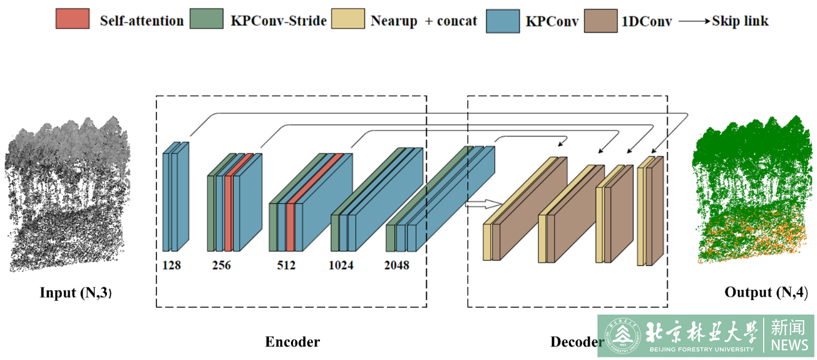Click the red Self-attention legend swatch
point(72,20)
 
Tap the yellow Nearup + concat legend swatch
point(348,20)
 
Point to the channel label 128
point(171,265)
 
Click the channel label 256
point(221,265)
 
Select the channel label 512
point(286,265)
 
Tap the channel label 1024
point(341,265)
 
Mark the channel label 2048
point(397,265)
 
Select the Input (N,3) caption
point(76,293)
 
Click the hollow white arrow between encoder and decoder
point(484,204)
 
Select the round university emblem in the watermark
point(622,336)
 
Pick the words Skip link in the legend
point(740,21)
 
